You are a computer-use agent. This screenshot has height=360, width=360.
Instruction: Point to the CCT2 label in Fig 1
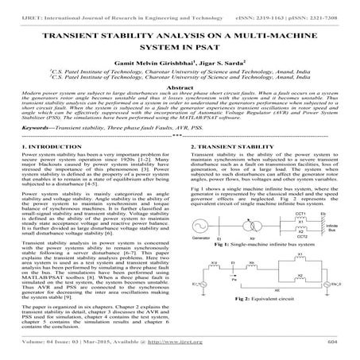click(279, 258)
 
